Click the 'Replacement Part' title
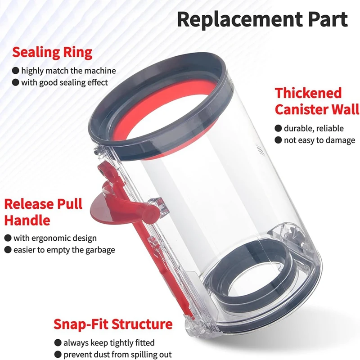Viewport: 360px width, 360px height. point(262,19)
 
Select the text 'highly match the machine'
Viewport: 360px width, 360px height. point(68,71)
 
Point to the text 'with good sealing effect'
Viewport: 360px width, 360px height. point(64,82)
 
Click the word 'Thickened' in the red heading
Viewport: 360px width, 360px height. point(309,93)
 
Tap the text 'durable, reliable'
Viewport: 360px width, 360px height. point(314,129)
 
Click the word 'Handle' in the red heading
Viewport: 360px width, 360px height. point(27,220)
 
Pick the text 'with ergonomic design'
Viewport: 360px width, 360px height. point(55,238)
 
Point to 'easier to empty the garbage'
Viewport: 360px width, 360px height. point(64,250)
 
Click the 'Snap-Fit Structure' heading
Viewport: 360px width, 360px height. point(113,324)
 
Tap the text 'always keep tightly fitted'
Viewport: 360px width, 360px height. point(109,343)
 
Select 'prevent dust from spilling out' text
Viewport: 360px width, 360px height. point(117,355)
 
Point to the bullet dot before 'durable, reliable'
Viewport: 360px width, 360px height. point(279,129)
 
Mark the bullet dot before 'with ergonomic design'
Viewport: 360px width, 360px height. point(8,238)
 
